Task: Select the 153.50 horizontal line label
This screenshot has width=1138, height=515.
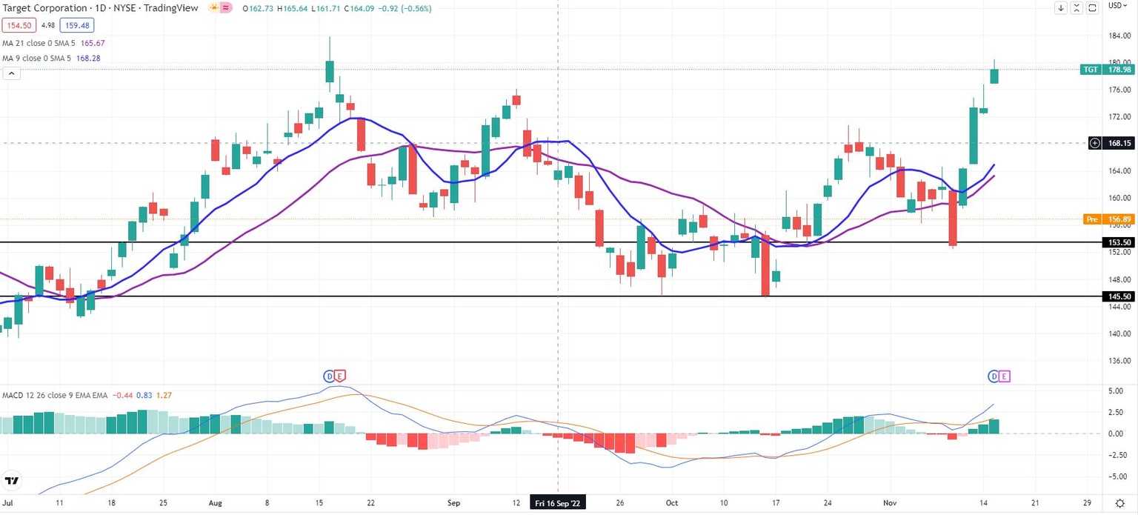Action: coord(1119,242)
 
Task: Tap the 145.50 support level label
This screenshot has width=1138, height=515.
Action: coord(1119,296)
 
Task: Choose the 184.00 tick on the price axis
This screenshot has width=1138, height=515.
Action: coord(1119,36)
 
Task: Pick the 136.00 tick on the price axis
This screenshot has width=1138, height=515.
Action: coord(1119,361)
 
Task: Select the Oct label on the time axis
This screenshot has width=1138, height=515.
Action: coord(672,502)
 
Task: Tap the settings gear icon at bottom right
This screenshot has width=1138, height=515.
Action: coord(1119,502)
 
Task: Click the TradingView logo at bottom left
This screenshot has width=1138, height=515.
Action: coord(12,481)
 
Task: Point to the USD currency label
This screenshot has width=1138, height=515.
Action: coord(1115,7)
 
